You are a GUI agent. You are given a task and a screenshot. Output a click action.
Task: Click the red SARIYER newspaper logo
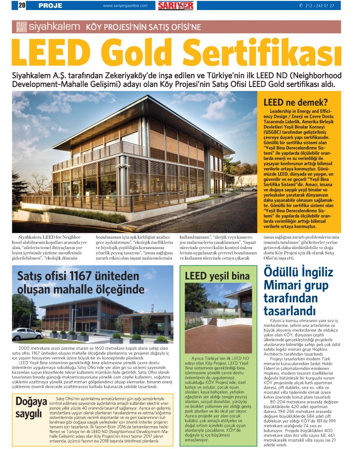click(x=176, y=5)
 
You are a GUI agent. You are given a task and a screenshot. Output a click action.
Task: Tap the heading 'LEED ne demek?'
click(x=295, y=102)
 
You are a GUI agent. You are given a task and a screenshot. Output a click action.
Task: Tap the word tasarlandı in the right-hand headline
click(x=289, y=311)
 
